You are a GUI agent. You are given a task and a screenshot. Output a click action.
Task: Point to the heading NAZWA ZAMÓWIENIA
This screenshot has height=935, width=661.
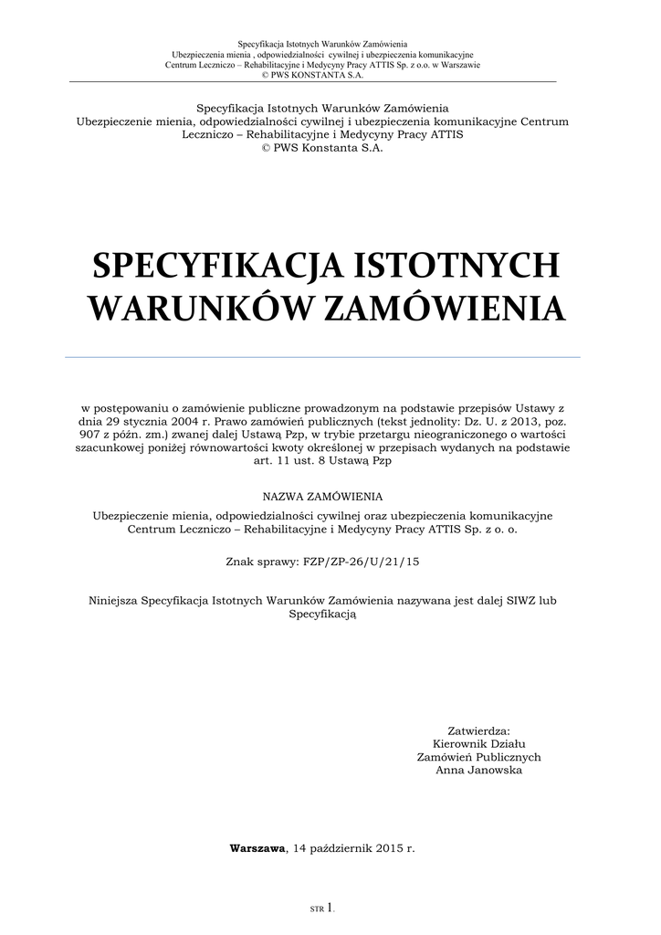[323, 496]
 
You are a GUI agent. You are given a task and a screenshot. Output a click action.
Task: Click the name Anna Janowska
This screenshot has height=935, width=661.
[479, 771]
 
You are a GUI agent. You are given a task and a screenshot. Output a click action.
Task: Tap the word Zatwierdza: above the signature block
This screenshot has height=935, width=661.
[479, 730]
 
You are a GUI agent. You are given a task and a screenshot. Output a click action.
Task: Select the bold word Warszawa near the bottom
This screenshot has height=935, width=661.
[258, 848]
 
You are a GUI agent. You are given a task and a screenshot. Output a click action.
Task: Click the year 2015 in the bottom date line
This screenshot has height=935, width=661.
[386, 848]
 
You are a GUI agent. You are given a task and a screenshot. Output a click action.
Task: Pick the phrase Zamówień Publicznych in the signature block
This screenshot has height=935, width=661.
[479, 757]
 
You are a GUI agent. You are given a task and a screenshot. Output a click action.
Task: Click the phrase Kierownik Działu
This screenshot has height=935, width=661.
[479, 743]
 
